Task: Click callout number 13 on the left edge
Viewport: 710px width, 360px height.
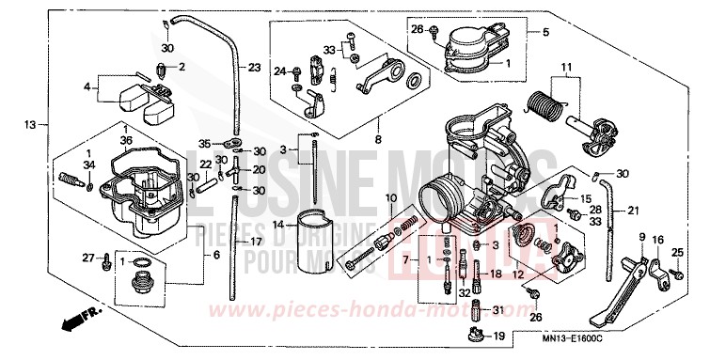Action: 30,124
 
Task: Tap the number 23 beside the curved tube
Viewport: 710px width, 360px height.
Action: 254,68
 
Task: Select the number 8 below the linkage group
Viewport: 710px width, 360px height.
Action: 377,139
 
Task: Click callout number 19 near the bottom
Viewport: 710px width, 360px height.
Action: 498,336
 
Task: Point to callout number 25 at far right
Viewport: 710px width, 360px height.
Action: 676,251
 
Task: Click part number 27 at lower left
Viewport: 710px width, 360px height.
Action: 87,257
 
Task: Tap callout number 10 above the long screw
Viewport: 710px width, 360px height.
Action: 390,198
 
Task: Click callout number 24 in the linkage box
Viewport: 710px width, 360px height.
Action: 279,70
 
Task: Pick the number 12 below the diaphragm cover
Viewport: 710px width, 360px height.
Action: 516,276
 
